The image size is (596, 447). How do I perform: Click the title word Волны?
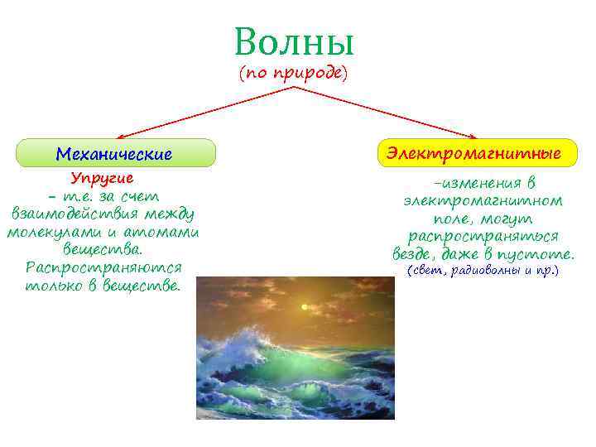tap(293, 42)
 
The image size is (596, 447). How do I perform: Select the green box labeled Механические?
tap(116, 154)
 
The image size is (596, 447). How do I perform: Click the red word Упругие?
tap(102, 178)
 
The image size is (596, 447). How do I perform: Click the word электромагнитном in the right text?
tap(483, 200)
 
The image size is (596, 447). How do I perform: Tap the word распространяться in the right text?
tap(483, 237)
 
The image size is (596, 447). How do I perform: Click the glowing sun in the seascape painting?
tap(305, 307)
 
